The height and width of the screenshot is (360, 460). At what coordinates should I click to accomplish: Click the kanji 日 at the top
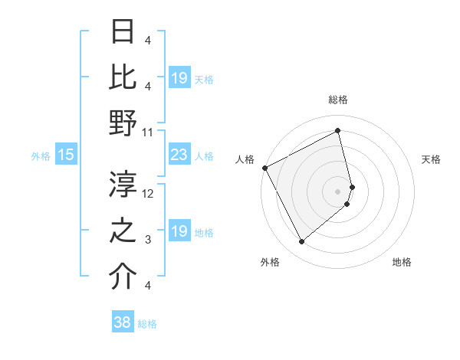point(123,32)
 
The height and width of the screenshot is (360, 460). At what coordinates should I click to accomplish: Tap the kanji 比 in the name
point(123,77)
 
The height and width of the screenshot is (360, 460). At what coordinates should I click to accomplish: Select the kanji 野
point(123,123)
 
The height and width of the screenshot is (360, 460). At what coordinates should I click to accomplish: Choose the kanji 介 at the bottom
point(123,277)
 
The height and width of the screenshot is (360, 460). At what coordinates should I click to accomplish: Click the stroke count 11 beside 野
point(148,132)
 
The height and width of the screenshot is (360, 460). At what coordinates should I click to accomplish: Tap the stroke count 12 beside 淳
point(148,194)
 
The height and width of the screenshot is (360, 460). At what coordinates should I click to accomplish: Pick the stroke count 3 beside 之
point(148,240)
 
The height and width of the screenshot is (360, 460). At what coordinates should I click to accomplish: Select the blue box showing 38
point(122,322)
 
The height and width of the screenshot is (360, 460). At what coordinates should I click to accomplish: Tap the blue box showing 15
point(65,155)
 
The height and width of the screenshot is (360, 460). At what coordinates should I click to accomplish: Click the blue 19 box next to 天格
point(179,78)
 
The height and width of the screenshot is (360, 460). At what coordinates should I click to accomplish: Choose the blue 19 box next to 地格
point(179,232)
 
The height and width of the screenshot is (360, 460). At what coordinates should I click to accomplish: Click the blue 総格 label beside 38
point(147,324)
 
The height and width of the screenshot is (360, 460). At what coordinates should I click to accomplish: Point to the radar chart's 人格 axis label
point(245,159)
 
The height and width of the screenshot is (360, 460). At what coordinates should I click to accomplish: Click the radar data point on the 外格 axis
point(301,242)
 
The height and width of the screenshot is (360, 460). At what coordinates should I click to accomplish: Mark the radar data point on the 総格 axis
point(338,131)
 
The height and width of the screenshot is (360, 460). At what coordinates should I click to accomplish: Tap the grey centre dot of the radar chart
point(338,191)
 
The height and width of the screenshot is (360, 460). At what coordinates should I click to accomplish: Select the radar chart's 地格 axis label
point(402,262)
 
